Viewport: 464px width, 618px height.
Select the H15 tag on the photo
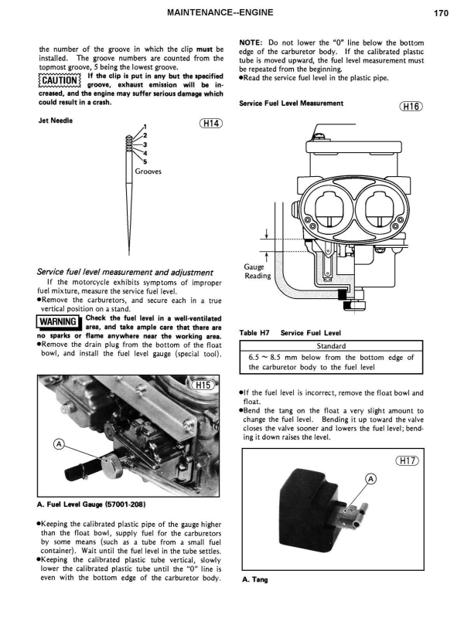click(x=203, y=385)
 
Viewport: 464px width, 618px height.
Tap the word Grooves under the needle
click(x=148, y=172)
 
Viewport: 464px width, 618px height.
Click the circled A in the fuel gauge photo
click(x=59, y=443)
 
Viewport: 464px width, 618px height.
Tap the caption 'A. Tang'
click(x=254, y=582)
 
